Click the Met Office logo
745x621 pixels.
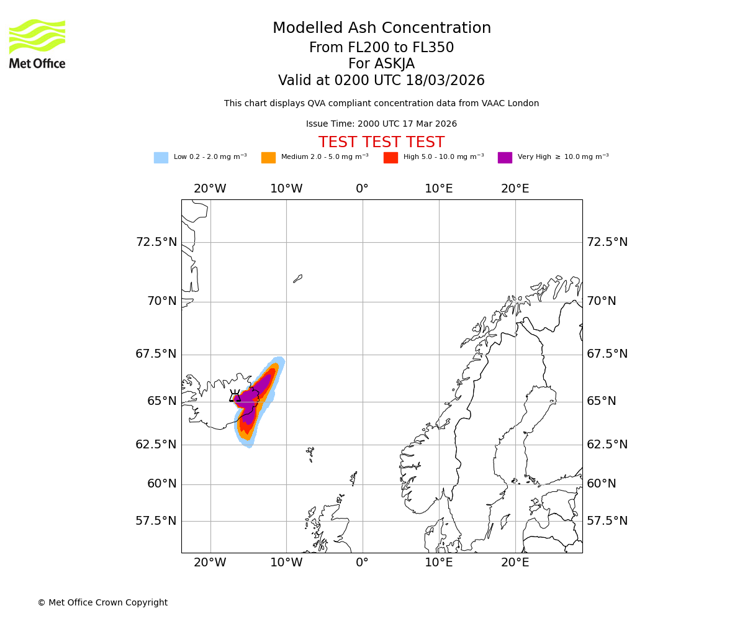[37, 43]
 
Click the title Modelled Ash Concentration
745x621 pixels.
[382, 29]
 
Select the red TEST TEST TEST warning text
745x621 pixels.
[381, 143]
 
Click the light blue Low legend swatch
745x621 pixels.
[161, 158]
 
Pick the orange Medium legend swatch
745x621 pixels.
[268, 158]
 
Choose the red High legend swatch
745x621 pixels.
[391, 158]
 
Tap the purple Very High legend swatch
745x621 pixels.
[505, 158]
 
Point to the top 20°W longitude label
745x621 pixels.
[210, 189]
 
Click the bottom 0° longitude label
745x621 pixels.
[363, 563]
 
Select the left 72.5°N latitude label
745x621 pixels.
[156, 242]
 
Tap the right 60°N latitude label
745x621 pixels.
[602, 484]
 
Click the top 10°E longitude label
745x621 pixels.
[439, 189]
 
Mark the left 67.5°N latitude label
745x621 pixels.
[156, 354]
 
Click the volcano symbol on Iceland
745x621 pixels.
[235, 396]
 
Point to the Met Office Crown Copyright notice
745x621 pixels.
[102, 603]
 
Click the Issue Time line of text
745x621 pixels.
[381, 124]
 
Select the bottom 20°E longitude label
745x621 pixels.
[515, 563]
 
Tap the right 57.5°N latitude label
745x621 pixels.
[607, 521]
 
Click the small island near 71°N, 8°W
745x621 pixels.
[298, 279]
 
